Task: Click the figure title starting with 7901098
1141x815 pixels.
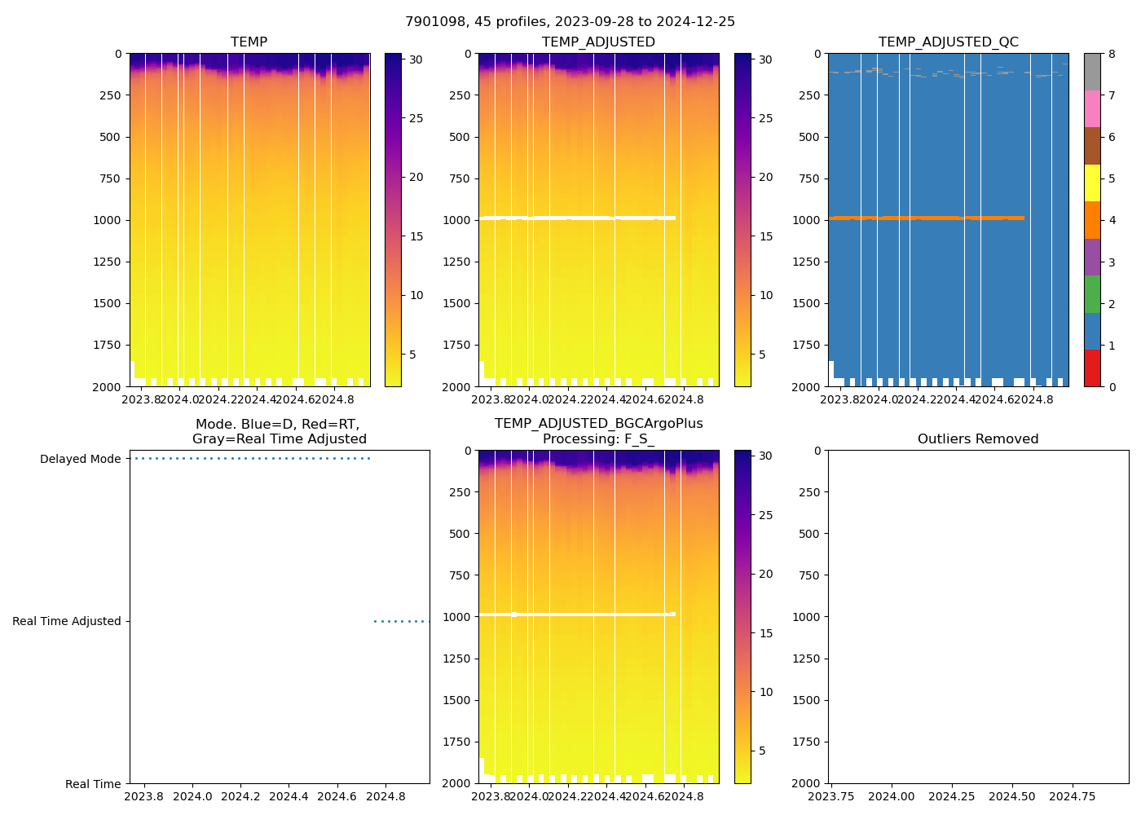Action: pos(570,22)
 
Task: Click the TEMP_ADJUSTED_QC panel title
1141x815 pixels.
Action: pos(948,42)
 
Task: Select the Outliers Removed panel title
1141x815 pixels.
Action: pos(977,439)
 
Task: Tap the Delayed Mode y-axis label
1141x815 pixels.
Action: pos(80,460)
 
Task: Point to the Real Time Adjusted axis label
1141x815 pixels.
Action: pos(66,622)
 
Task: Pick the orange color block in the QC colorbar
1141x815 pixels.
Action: pos(1092,220)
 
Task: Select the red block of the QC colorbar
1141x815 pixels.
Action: pos(1092,368)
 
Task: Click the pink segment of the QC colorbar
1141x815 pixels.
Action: pos(1092,108)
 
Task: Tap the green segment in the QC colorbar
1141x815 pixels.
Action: pos(1092,294)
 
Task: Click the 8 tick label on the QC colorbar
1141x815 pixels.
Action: pos(1112,55)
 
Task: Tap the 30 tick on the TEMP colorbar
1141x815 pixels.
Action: pos(416,59)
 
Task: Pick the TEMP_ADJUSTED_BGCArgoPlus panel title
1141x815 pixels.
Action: pos(598,424)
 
